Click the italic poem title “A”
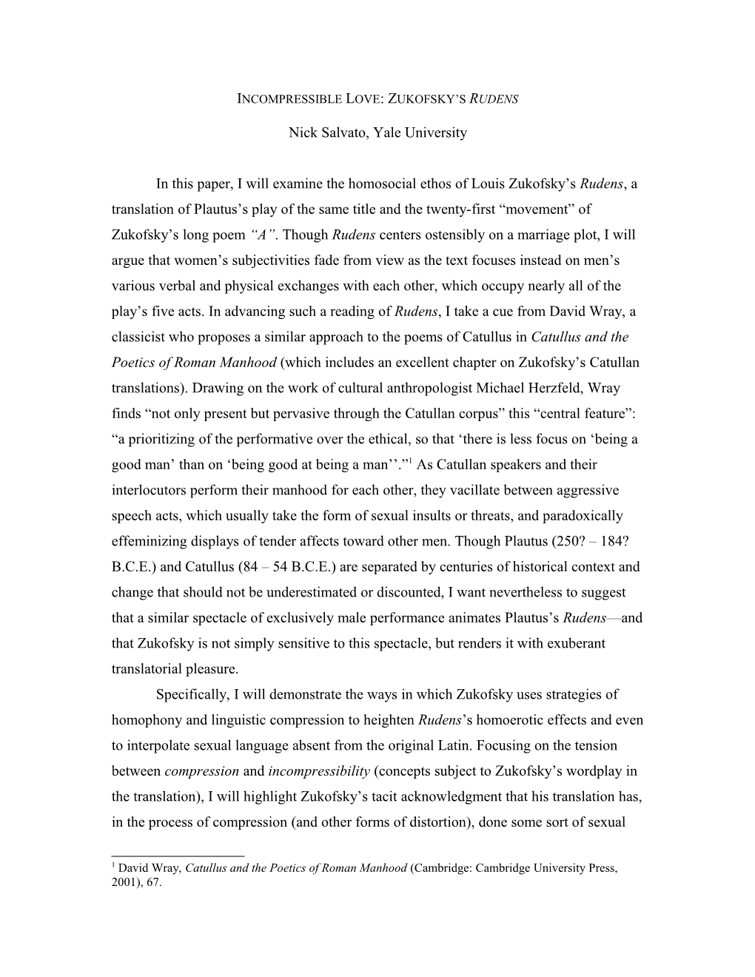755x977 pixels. (x=265, y=235)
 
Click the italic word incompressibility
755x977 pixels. (x=319, y=771)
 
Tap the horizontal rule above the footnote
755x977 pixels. (x=178, y=856)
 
